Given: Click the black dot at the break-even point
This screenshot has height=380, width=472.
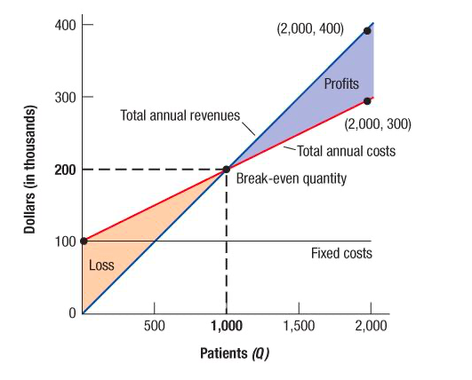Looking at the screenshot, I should tap(227, 169).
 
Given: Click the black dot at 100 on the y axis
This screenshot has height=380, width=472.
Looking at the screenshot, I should tap(83, 241).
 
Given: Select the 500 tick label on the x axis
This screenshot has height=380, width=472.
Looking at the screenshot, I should tap(155, 327).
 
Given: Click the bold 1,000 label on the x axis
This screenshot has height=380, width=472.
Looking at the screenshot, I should tap(227, 327).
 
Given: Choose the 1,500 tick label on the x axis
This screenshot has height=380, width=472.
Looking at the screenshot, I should tap(298, 327).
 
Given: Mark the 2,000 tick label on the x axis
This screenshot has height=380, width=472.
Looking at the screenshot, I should tap(370, 327).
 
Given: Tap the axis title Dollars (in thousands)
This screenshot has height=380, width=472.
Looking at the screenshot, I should tap(28, 170).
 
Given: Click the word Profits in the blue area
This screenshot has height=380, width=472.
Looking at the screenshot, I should tap(341, 84).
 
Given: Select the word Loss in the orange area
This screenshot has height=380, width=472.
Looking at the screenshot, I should tap(101, 265).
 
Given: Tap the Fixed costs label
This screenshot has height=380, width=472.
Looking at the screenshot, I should tap(341, 254).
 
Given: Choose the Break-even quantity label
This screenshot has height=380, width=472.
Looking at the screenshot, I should tap(291, 178).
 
